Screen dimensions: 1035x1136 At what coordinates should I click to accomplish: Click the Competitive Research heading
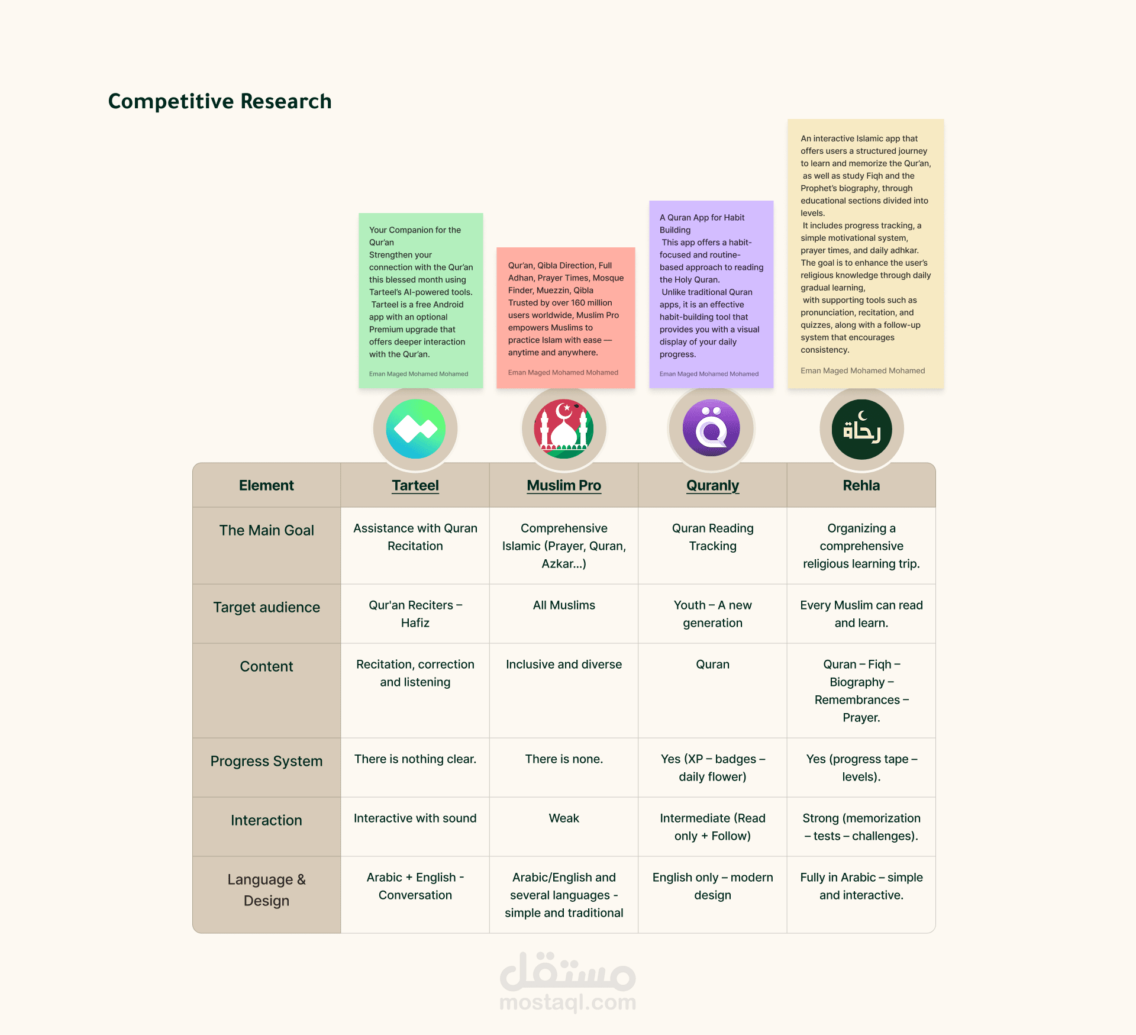pos(220,101)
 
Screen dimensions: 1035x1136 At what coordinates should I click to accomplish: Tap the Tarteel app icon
pos(415,429)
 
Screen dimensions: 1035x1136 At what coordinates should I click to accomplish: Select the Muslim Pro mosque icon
pos(564,429)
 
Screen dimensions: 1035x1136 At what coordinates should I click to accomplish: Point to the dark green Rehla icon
pos(861,429)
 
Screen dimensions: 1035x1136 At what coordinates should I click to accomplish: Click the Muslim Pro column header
pos(564,486)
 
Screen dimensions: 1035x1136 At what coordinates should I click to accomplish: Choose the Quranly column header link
pos(712,486)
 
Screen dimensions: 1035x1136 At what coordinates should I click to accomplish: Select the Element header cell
pos(266,486)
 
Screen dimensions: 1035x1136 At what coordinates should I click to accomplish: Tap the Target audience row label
pos(266,608)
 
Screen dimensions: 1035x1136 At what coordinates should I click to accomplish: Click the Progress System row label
pos(266,762)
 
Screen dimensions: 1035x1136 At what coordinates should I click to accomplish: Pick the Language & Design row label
pos(266,890)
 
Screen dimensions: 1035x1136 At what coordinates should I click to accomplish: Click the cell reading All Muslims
pos(564,605)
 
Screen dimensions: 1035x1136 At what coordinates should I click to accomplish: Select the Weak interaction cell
pos(564,818)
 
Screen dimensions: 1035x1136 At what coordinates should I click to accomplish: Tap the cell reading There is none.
pos(564,759)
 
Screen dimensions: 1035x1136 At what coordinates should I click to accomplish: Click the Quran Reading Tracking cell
pos(712,537)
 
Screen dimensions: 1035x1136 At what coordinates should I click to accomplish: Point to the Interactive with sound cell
pos(415,818)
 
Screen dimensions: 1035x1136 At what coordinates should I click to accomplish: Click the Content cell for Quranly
pos(712,665)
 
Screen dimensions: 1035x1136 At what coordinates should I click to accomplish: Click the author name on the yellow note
pos(863,371)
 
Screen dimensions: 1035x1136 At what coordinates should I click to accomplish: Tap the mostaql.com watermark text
pos(567,1002)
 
